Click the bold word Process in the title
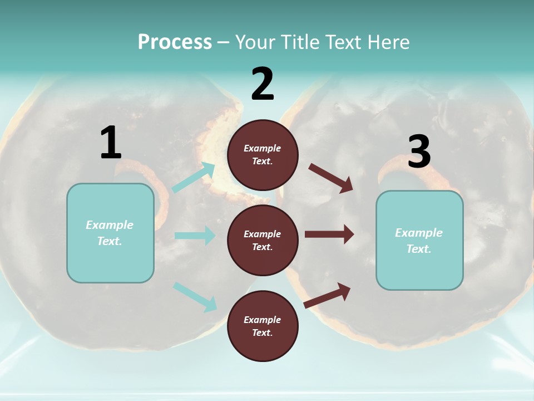pyautogui.click(x=175, y=42)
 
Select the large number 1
pyautogui.click(x=111, y=143)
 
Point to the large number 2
pyautogui.click(x=263, y=84)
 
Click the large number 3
pyautogui.click(x=419, y=152)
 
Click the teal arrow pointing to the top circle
pyautogui.click(x=194, y=178)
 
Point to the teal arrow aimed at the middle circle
pyautogui.click(x=195, y=236)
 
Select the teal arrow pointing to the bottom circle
pyautogui.click(x=195, y=297)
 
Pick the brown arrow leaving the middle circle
pyautogui.click(x=329, y=234)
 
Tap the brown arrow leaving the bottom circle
pyautogui.click(x=328, y=295)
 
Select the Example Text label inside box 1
pyautogui.click(x=110, y=233)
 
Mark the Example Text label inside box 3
pyautogui.click(x=419, y=241)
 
